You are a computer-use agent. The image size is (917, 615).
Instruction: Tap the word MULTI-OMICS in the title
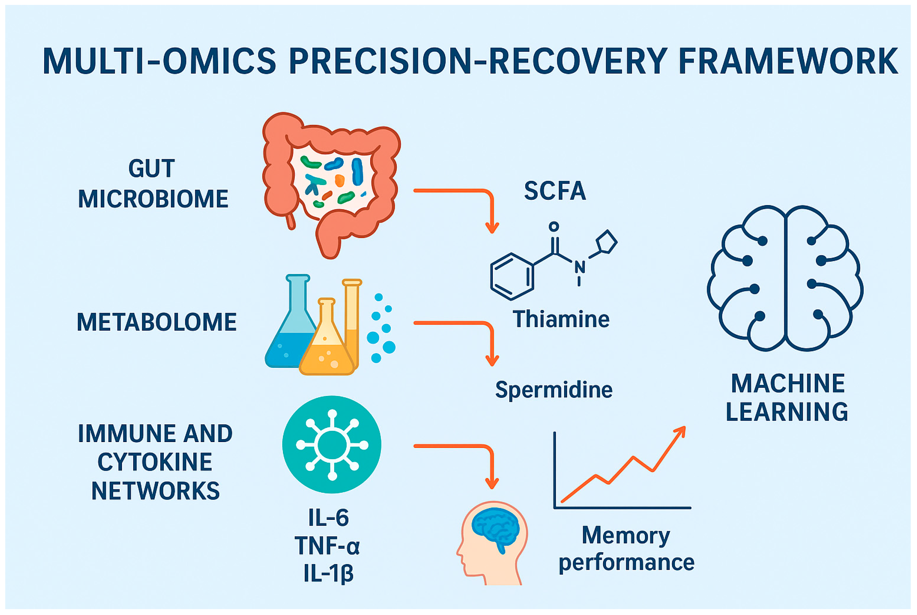click(x=159, y=61)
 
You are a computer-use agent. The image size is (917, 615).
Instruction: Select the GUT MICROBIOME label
click(x=153, y=183)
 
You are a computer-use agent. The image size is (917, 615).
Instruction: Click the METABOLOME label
click(x=157, y=322)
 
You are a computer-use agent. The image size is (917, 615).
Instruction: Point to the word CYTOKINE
click(x=155, y=462)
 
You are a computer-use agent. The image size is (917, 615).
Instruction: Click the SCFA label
click(x=555, y=191)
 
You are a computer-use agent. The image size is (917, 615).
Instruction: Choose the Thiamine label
click(x=561, y=319)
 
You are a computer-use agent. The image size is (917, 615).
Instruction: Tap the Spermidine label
click(x=553, y=390)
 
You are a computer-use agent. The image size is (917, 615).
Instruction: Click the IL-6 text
click(x=328, y=518)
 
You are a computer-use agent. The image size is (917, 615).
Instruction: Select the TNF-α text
click(x=327, y=546)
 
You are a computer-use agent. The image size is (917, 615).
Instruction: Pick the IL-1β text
click(x=328, y=573)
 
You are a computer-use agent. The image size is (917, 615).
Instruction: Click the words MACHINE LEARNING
click(x=787, y=397)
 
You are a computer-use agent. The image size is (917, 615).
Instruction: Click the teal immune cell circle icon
click(x=332, y=444)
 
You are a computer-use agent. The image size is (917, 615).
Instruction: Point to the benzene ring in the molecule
click(x=511, y=277)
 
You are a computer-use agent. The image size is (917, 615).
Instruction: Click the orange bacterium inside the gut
click(x=340, y=180)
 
